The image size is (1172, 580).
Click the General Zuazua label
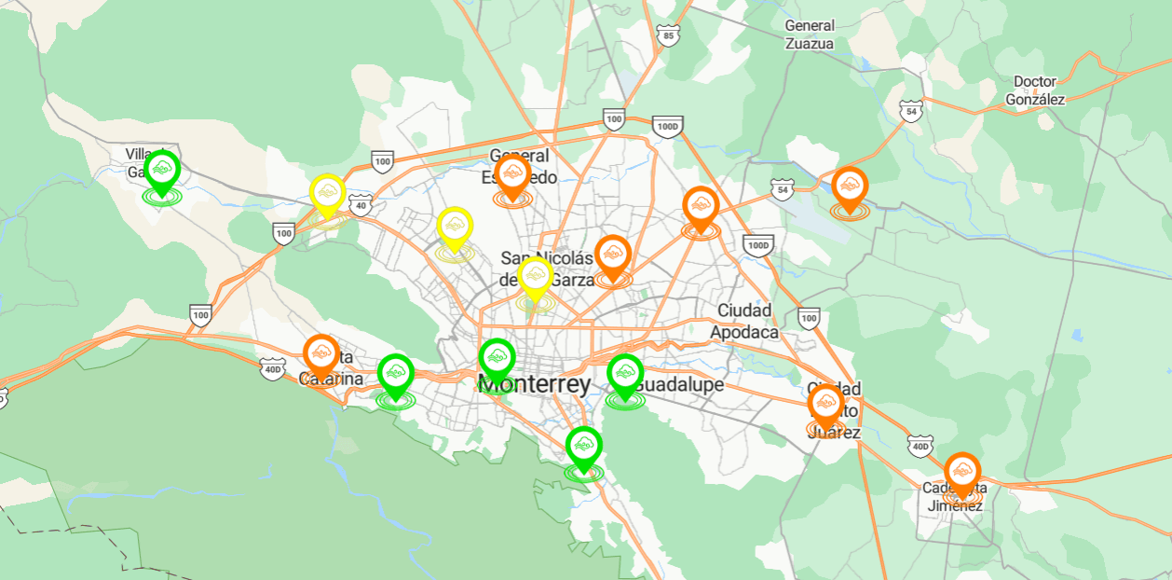[x=810, y=35]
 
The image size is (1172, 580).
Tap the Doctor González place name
[x=1035, y=90]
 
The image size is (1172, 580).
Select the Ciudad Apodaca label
[x=744, y=321]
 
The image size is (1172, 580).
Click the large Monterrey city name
[x=534, y=384]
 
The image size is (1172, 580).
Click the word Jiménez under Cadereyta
[x=954, y=506]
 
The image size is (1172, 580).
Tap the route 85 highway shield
[x=667, y=36]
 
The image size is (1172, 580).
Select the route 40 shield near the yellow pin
[x=361, y=204]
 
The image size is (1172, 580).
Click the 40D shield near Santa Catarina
[x=272, y=369]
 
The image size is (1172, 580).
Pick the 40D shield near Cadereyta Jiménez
[x=920, y=447]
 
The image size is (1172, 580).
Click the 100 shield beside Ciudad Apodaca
[x=809, y=319]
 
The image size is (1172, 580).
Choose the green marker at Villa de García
[x=162, y=171]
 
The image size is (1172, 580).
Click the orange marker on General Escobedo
[x=512, y=174]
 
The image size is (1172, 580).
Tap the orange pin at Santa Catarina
[x=321, y=354]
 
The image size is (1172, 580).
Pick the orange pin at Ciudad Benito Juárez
[x=826, y=405]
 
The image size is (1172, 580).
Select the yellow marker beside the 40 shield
[x=327, y=194]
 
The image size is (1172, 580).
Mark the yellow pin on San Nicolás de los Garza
[x=535, y=277]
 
